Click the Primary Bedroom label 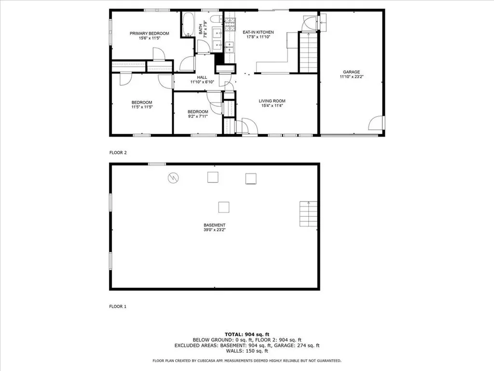pyautogui.click(x=149, y=33)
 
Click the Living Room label pyautogui.click(x=272, y=100)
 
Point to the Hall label pyautogui.click(x=202, y=77)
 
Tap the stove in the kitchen pyautogui.click(x=230, y=21)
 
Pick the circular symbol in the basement pyautogui.click(x=173, y=178)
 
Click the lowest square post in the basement pyautogui.click(x=223, y=207)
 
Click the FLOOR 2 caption pyautogui.click(x=118, y=153)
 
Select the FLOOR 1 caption pyautogui.click(x=118, y=306)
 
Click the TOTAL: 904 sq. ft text pyautogui.click(x=247, y=334)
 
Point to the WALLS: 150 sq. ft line pyautogui.click(x=247, y=351)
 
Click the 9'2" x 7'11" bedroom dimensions pyautogui.click(x=198, y=116)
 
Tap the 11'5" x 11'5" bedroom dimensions pyautogui.click(x=142, y=107)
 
